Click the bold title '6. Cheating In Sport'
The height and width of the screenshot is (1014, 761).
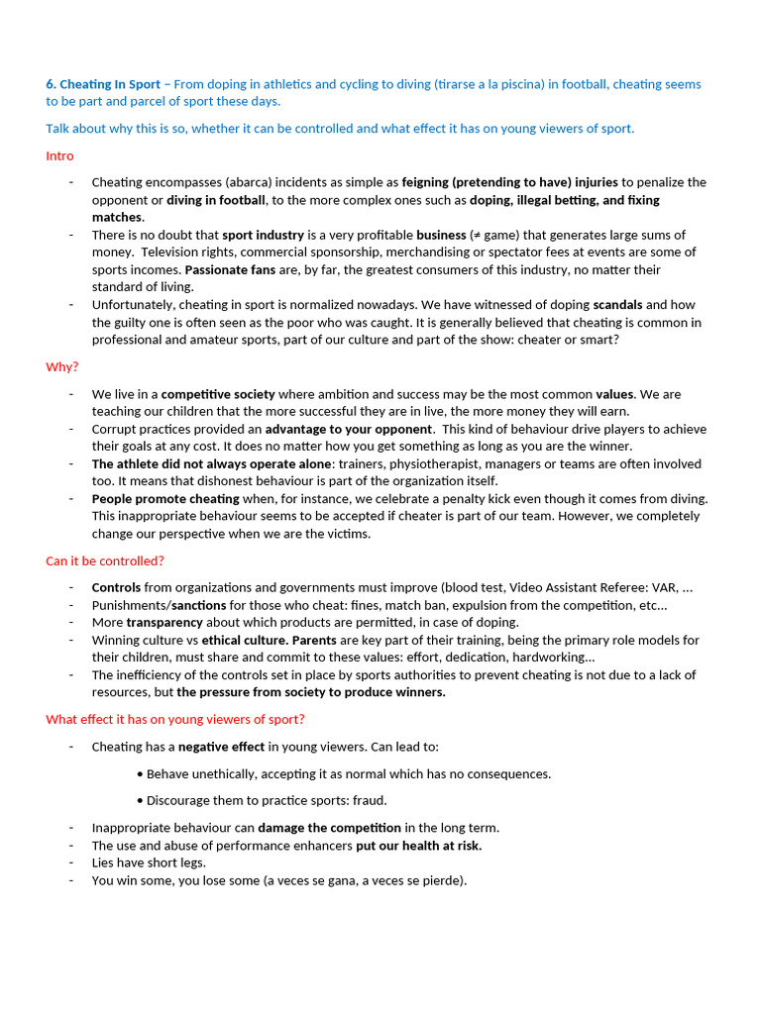click(102, 84)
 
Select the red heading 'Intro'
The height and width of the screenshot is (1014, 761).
click(59, 155)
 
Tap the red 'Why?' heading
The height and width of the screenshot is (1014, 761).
click(61, 366)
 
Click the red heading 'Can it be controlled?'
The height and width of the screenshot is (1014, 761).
click(105, 560)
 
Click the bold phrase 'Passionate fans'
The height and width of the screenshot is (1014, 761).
click(230, 269)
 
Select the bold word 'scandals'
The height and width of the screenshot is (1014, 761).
click(617, 305)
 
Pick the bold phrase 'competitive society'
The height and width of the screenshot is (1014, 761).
click(218, 393)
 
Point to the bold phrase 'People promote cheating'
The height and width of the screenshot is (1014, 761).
click(165, 498)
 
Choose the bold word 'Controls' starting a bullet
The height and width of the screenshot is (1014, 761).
click(116, 587)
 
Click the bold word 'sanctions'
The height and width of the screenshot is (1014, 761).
click(200, 605)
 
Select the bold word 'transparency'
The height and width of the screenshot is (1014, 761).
click(164, 622)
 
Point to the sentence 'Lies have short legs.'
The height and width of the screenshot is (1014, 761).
click(149, 862)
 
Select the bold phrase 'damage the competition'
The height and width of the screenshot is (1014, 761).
click(329, 827)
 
